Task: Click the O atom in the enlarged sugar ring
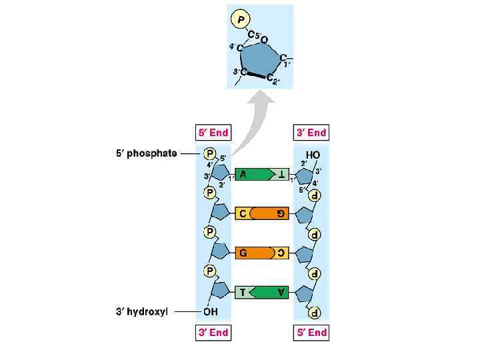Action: click(x=264, y=40)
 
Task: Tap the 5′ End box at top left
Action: click(x=213, y=133)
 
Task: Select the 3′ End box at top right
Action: click(x=311, y=133)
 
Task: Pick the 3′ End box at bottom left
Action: click(x=213, y=332)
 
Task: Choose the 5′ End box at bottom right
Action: click(x=311, y=332)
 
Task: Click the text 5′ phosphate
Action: click(x=147, y=153)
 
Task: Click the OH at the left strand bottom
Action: click(x=211, y=311)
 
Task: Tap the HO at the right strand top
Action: click(x=313, y=155)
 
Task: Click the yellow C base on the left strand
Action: click(x=243, y=214)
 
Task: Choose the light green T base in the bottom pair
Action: click(x=243, y=292)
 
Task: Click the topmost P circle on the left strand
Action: click(x=209, y=153)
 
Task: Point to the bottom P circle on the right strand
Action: click(x=314, y=312)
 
